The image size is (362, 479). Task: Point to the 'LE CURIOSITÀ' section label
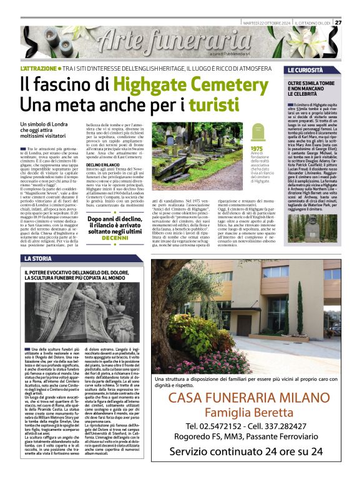pyautogui.click(x=305, y=70)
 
